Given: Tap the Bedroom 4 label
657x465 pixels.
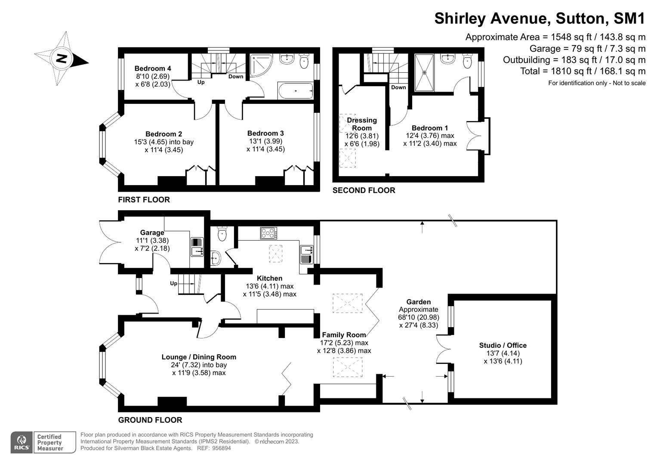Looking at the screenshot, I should [x=153, y=68].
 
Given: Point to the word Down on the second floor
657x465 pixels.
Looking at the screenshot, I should [x=398, y=87].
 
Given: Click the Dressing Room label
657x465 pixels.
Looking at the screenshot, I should [x=362, y=124].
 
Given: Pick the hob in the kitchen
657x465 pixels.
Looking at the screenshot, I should [x=268, y=233].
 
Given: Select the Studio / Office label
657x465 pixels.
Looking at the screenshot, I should [x=503, y=345].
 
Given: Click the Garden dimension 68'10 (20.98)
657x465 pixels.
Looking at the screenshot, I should [x=418, y=317].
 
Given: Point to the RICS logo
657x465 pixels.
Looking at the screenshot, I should [x=21, y=442].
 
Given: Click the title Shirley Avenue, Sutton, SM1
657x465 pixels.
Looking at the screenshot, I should [x=540, y=19].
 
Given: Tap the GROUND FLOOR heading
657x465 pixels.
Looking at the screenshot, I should [x=150, y=420].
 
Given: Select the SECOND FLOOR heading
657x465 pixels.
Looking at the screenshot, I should [x=364, y=190].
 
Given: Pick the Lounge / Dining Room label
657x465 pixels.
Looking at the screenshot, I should [x=199, y=357].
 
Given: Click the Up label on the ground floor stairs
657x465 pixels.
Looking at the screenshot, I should [x=174, y=283].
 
